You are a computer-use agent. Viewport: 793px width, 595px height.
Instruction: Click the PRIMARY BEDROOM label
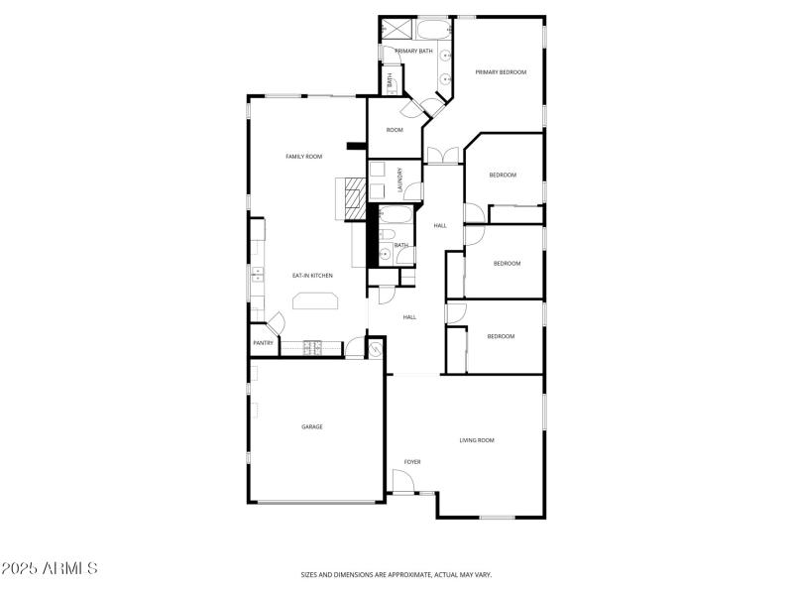point(500,72)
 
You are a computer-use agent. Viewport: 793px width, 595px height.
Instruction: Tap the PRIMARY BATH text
point(413,51)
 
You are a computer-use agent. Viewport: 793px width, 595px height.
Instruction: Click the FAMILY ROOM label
point(304,157)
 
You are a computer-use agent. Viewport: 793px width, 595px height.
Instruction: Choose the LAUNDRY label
point(400,178)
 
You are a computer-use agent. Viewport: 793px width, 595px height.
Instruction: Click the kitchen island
point(314,301)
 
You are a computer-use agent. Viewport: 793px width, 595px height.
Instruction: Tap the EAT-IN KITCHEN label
point(311,275)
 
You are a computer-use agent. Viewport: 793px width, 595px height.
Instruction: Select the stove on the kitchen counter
point(313,347)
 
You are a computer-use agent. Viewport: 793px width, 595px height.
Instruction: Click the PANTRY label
point(263,343)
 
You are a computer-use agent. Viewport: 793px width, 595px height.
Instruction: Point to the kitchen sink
point(257,275)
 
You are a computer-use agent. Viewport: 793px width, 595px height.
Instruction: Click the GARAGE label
point(312,426)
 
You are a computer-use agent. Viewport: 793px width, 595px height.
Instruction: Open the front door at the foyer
point(403,481)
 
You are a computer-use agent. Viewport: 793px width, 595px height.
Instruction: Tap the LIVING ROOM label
point(477,439)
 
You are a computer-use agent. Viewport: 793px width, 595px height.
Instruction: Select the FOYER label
point(412,462)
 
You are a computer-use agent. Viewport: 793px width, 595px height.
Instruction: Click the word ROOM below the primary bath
point(395,130)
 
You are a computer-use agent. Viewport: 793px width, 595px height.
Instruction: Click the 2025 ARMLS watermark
point(50,568)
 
